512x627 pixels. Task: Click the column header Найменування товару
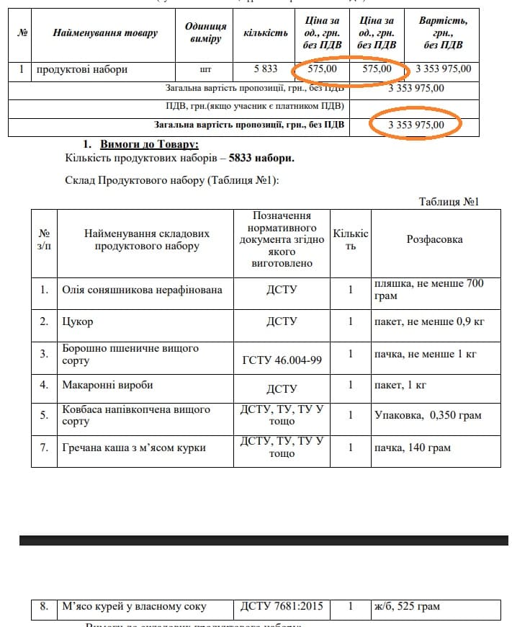pos(105,33)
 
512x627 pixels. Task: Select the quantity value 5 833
pos(265,69)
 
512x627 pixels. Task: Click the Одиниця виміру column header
pos(205,33)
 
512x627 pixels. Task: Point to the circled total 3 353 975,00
pos(416,125)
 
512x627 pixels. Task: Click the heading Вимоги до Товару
pos(150,143)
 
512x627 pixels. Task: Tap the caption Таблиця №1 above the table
pos(449,201)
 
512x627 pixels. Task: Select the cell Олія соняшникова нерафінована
pos(142,290)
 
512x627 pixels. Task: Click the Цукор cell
pos(77,321)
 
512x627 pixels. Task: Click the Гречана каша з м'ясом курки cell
pos(134,448)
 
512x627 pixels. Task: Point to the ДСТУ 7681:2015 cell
pos(282,607)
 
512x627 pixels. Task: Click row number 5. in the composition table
pos(44,414)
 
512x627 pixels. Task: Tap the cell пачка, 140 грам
pos(412,448)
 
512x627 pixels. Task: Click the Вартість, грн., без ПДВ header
pos(443,33)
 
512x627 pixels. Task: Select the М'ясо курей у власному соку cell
pos(134,607)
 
